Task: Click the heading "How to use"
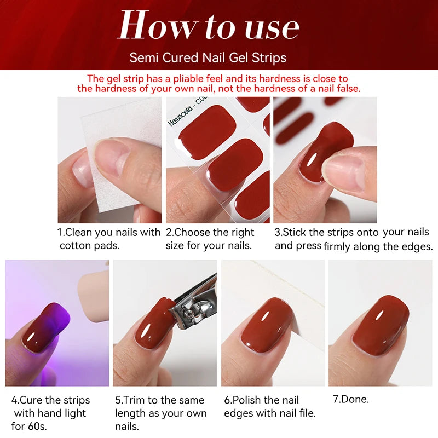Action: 209,26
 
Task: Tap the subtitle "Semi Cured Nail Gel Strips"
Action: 208,57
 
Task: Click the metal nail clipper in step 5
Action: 192,309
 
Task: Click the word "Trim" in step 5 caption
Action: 135,400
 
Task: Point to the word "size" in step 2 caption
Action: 175,246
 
